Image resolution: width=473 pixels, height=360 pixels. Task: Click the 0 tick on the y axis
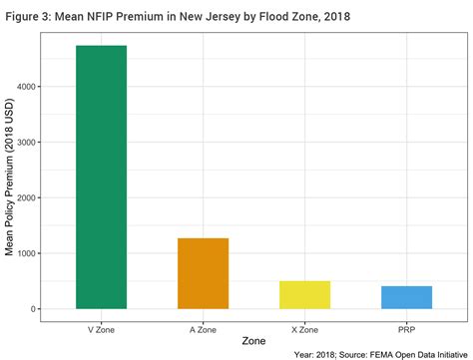34,309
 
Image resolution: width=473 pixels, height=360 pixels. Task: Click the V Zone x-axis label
101,328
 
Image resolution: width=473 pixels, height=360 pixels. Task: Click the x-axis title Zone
252,342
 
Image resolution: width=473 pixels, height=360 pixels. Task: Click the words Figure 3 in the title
28,16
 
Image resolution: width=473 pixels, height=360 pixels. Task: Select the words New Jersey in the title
206,16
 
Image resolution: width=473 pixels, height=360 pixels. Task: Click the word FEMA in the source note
373,353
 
